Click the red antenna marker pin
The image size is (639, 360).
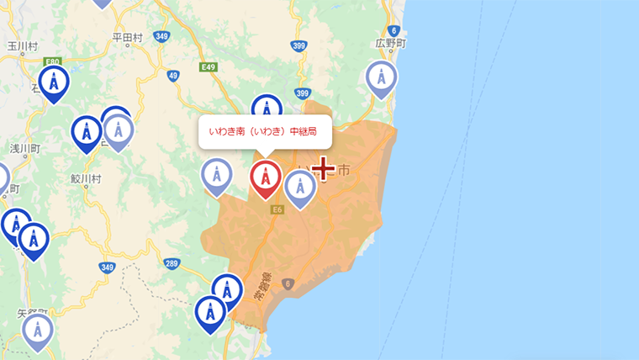(x=267, y=177)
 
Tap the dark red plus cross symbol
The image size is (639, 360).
(x=324, y=170)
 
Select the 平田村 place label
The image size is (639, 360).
(x=128, y=37)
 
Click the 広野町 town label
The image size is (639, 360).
(x=391, y=42)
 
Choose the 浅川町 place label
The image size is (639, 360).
(x=24, y=148)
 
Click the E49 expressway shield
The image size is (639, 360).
(x=209, y=66)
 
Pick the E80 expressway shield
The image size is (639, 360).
(x=54, y=61)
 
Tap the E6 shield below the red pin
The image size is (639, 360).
(x=276, y=211)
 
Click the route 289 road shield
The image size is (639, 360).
(x=172, y=264)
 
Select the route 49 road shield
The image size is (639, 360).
(x=173, y=76)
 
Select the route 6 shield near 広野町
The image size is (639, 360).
(x=393, y=30)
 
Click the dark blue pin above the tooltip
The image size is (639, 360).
(x=267, y=109)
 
